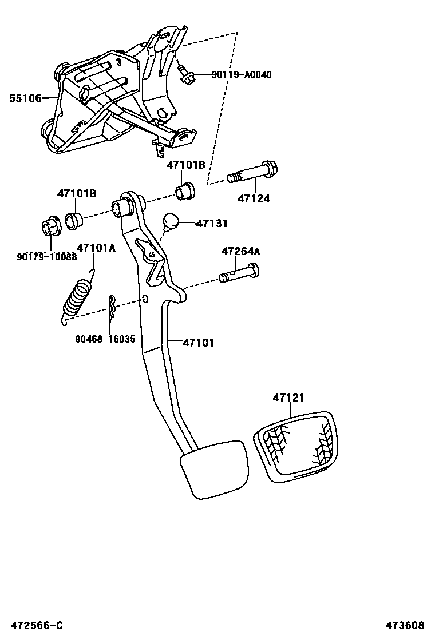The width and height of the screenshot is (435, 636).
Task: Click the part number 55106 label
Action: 25,98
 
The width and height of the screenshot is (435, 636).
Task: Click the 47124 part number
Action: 254,199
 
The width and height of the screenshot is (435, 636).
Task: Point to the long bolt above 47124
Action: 252,172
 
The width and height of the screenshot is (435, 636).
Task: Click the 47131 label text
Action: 212,224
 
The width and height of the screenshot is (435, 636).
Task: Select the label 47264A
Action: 240,251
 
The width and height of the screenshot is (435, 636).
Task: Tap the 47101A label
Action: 96,248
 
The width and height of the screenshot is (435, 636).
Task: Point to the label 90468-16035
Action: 105,339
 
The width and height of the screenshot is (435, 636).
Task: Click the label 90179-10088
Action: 46,256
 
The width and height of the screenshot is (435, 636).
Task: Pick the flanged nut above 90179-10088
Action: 51,227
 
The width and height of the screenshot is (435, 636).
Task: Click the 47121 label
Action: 288,397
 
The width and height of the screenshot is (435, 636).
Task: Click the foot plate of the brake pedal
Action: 215,468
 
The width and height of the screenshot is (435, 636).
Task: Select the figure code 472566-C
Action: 32,626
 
